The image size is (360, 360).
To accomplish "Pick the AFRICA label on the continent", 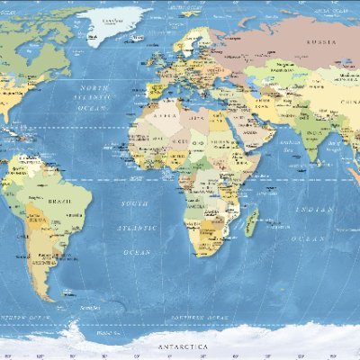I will (x=166, y=116).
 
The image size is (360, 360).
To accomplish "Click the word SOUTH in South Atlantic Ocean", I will (x=135, y=204).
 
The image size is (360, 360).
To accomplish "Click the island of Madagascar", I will (x=253, y=221).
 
